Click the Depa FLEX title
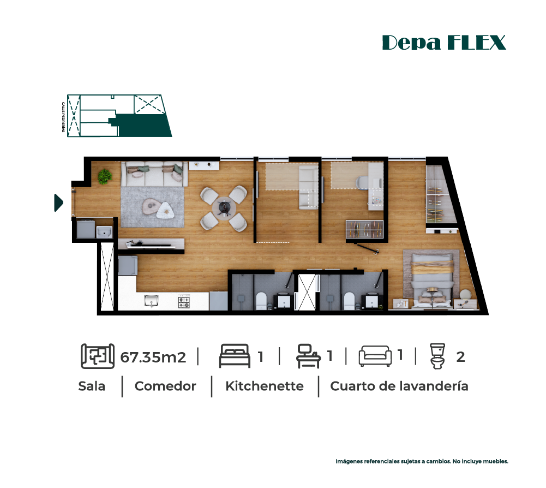coord(444,43)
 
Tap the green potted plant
coord(105,176)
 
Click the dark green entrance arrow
coord(58,203)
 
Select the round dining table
coord(224,209)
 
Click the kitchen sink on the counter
coord(152,300)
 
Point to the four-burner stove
coord(184,302)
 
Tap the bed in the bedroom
coord(432,280)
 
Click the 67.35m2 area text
coord(153,358)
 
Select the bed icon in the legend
coord(235,356)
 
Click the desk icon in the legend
coord(308,356)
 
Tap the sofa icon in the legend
coord(375,356)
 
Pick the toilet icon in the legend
coord(437,356)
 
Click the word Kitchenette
coord(265,386)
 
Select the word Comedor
coord(165,386)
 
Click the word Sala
coord(92,386)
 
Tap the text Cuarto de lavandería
coord(399,386)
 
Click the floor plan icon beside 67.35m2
coord(98,356)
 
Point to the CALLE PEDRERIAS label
coord(63,117)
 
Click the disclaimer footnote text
coord(422,461)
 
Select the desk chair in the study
coord(362,182)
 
